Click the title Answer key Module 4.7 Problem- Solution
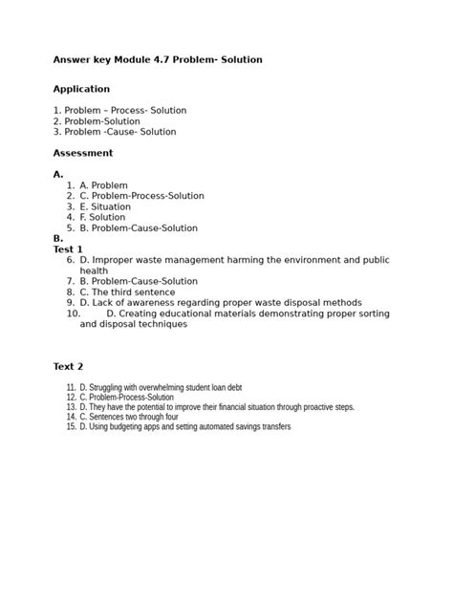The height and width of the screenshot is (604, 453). tap(157, 60)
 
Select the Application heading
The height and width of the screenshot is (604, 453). tap(81, 89)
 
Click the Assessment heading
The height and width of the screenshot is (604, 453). tap(82, 153)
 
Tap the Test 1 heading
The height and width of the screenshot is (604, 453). tap(68, 249)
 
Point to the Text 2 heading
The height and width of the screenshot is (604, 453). tap(68, 366)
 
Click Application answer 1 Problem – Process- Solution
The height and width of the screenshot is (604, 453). tap(119, 111)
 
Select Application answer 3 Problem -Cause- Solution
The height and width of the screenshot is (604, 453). tap(115, 132)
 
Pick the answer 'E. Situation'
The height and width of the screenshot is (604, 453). tap(105, 206)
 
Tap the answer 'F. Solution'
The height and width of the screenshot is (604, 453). tap(102, 218)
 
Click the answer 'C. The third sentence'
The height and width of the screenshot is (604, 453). tap(127, 292)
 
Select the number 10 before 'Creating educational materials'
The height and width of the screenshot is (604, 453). tap(74, 313)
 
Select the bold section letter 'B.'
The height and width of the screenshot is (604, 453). tap(58, 239)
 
